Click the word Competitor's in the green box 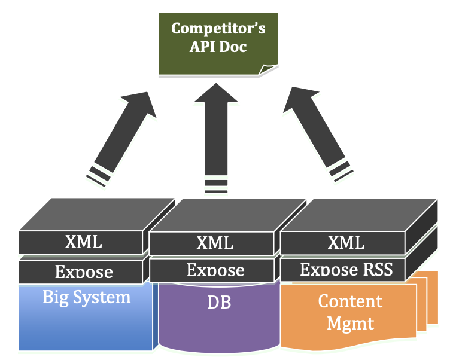[218, 28]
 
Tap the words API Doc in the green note [218, 46]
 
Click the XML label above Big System [83, 242]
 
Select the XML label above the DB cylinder [215, 243]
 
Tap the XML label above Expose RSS [346, 242]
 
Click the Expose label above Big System [83, 272]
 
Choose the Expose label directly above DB [215, 270]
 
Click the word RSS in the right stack [378, 269]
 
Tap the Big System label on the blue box [86, 297]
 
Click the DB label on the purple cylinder [219, 303]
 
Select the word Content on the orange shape [350, 301]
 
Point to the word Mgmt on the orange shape [350, 324]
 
